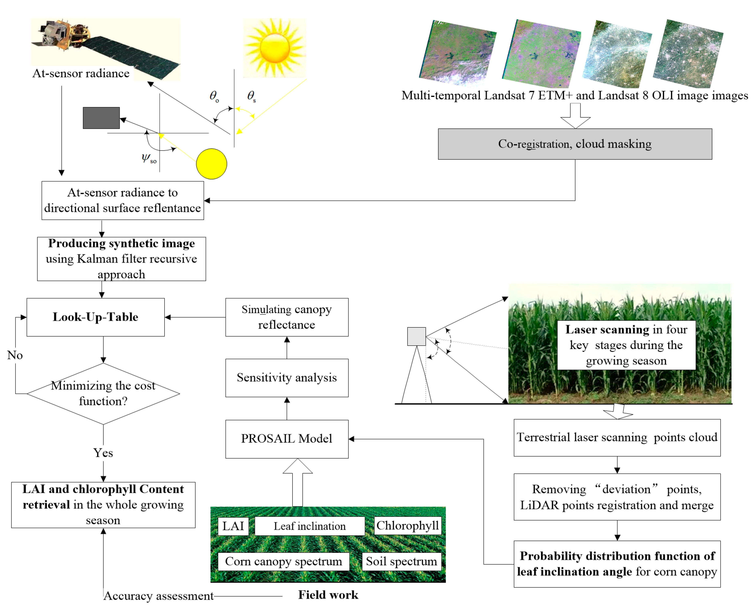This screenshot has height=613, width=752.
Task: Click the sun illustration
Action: (275, 48)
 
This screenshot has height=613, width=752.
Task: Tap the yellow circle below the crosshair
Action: (211, 164)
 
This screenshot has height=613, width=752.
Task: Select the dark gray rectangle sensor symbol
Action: (101, 118)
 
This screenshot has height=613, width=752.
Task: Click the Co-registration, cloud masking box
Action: (575, 144)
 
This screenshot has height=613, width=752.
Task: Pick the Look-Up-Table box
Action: (95, 317)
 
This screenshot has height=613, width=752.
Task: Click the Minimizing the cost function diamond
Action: (103, 394)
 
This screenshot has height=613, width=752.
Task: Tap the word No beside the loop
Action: (15, 355)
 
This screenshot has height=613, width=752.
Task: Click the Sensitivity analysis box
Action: (287, 378)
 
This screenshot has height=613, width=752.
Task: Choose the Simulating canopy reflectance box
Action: (287, 317)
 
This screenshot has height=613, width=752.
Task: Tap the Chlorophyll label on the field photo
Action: (408, 526)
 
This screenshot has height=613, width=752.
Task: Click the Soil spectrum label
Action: (401, 561)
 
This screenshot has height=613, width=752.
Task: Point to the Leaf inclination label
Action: (309, 526)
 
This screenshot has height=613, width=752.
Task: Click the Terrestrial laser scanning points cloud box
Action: (617, 437)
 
